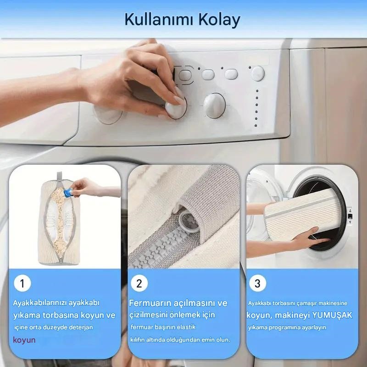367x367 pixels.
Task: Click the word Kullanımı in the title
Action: (x=159, y=19)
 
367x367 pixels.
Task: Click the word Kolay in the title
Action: (x=219, y=20)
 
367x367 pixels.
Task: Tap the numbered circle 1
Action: (x=22, y=283)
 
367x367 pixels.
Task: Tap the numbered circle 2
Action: (x=139, y=283)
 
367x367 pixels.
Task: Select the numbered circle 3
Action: (x=257, y=283)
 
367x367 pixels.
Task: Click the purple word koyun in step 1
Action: (x=24, y=340)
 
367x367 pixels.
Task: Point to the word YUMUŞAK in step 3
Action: (x=332, y=315)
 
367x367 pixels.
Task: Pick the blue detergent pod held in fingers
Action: (x=68, y=193)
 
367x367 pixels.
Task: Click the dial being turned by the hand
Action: (x=176, y=108)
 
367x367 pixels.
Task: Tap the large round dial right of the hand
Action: (x=214, y=106)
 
